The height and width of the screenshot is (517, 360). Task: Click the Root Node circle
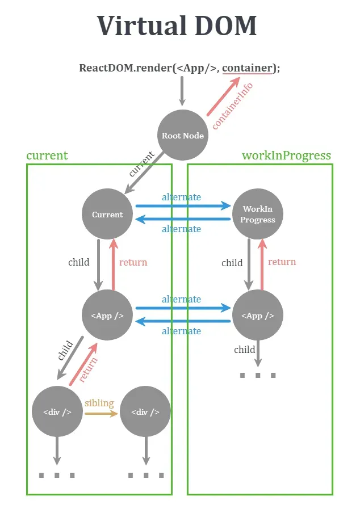182,135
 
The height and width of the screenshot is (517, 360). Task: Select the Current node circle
107,214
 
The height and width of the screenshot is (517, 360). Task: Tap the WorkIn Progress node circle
257,214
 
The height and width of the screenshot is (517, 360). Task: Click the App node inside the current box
107,316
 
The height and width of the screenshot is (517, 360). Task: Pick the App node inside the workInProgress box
257,316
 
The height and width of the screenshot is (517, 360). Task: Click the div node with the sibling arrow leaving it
57,412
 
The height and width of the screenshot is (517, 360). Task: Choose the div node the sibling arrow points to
145,412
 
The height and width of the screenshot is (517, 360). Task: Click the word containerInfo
232,106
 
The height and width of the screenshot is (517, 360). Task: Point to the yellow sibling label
99,403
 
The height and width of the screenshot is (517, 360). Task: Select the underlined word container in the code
247,68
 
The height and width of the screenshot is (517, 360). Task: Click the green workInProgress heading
286,155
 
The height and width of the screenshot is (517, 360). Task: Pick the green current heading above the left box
47,155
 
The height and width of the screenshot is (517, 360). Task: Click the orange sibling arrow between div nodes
101,414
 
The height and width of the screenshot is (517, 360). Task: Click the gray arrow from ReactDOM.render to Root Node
182,91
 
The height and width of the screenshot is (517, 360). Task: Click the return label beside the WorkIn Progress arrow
282,262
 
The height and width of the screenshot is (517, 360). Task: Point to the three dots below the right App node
257,376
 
